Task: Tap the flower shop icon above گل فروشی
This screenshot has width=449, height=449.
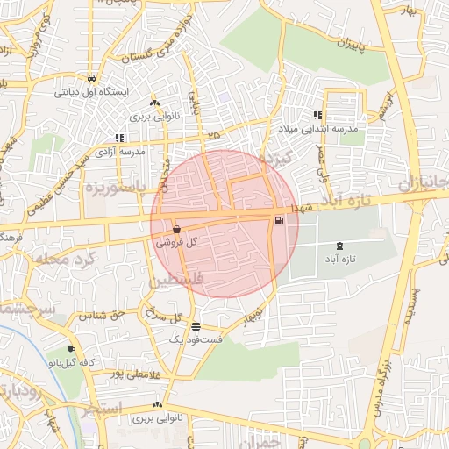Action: coord(177,229)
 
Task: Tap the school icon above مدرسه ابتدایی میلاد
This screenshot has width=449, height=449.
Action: coord(317,115)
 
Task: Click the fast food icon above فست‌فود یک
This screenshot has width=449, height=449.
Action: coord(194,325)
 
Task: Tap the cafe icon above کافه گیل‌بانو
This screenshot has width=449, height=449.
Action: coord(71,349)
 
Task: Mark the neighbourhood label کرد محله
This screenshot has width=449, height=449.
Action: coord(61,260)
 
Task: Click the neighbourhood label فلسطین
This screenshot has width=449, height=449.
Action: coord(175,282)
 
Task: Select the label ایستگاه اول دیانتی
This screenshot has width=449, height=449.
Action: coord(91,91)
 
